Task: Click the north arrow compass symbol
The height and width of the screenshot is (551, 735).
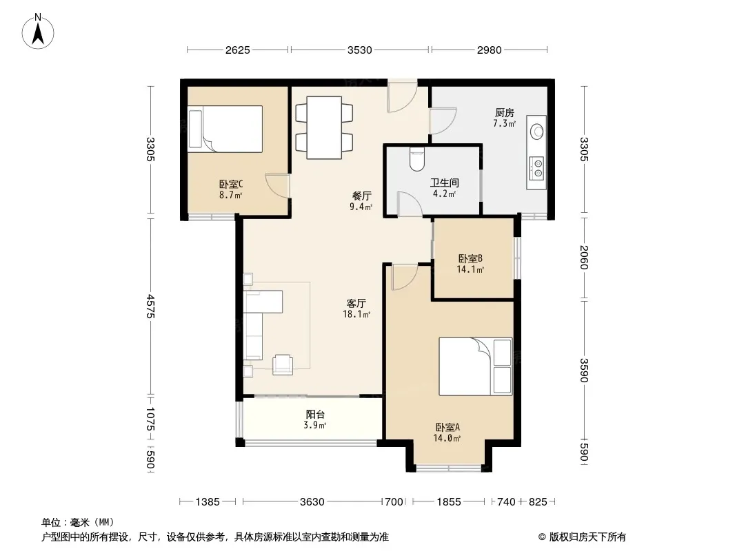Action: coord(38,32)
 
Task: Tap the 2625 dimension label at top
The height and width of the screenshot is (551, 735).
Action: coord(238,50)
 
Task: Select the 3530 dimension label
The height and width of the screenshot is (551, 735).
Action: coord(359,50)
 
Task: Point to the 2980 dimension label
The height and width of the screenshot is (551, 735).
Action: coord(490,50)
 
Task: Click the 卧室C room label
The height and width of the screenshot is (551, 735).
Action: coord(230,184)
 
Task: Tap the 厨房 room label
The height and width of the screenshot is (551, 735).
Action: coord(505,112)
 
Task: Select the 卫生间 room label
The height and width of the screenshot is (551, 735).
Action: coord(444,183)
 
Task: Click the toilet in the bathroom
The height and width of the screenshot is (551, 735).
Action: coord(416,158)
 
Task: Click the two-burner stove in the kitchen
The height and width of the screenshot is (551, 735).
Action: coord(536,169)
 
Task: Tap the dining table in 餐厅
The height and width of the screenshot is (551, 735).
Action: coord(324,127)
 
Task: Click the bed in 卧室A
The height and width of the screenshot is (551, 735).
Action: coord(475,366)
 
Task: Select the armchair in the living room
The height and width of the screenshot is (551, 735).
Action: coord(283,364)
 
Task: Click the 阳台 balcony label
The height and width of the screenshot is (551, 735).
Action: coord(315,415)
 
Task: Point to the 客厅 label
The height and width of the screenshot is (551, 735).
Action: coord(356,303)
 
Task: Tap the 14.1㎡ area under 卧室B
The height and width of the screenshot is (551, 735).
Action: coord(470,269)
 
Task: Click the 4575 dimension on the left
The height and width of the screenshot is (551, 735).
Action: coord(150,306)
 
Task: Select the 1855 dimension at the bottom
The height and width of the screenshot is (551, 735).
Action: coord(449,502)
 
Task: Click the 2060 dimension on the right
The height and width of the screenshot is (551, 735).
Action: coord(583,258)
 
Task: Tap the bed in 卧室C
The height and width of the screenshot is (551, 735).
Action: coord(225,129)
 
